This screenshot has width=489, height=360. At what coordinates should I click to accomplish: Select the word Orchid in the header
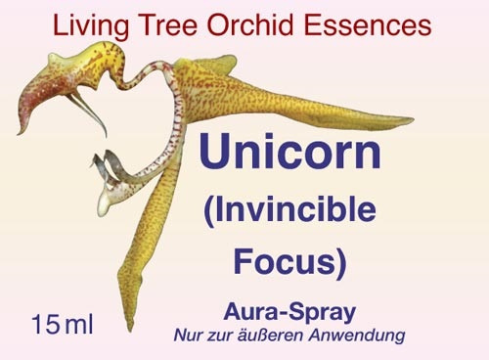click(x=250, y=25)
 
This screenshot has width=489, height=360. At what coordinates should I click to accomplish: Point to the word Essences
click(x=368, y=25)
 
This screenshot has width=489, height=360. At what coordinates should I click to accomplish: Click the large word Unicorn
click(x=289, y=152)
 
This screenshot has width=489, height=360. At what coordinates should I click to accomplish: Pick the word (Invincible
click(x=289, y=211)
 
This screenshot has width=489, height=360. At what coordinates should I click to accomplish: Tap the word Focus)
click(x=289, y=262)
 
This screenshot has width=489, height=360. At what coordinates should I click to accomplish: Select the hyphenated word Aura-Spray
click(x=289, y=313)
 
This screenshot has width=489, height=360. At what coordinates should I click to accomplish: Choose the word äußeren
click(x=272, y=336)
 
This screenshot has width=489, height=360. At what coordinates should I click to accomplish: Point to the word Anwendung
click(x=357, y=337)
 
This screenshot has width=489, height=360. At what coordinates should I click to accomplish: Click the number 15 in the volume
click(x=46, y=324)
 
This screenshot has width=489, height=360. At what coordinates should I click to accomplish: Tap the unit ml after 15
click(x=79, y=324)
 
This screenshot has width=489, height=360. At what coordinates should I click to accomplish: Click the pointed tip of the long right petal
click(x=413, y=119)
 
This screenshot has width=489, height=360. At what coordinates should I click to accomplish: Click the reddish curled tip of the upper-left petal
click(x=22, y=129)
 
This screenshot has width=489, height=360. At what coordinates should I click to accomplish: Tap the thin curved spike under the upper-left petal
click(x=90, y=112)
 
